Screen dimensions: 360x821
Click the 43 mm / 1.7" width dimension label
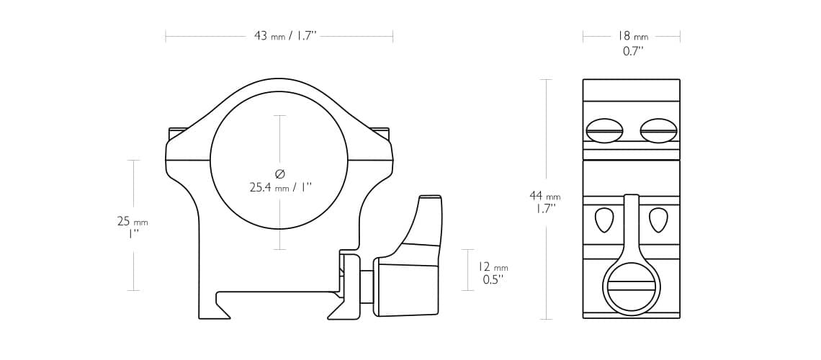285,36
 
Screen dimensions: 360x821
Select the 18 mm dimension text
632,36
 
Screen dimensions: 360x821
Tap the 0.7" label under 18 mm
632,51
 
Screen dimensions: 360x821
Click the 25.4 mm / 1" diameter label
280,187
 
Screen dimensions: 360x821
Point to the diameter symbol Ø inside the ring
280,174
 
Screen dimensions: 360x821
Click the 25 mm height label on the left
133,221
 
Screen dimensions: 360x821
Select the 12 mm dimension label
493,267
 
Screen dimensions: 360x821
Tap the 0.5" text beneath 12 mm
492,280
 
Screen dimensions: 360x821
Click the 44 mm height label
544,196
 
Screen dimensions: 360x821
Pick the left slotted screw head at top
604,131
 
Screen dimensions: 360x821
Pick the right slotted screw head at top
658,131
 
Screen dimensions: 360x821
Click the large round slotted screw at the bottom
631,285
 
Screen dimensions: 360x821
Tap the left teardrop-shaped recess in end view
604,220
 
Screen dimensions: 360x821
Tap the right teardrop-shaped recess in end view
658,220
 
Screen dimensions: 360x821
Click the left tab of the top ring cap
178,133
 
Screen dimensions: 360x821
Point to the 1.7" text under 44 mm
544,209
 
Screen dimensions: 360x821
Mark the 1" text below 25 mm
133,234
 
